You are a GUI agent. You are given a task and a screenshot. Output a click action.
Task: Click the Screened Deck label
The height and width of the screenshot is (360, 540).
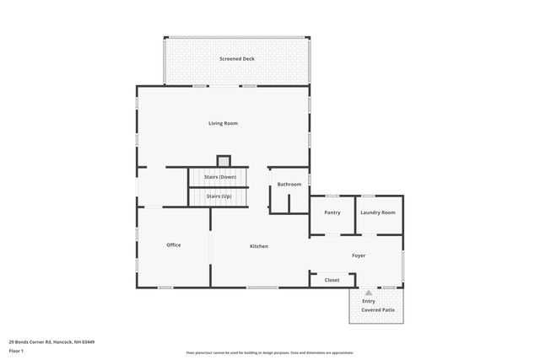(x=236, y=59)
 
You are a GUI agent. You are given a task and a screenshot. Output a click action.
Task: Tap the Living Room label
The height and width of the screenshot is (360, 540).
(x=223, y=123)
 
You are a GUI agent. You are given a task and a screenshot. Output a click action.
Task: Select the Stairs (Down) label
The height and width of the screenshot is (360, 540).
(x=219, y=177)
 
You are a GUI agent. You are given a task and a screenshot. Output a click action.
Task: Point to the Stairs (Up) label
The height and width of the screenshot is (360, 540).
(x=219, y=196)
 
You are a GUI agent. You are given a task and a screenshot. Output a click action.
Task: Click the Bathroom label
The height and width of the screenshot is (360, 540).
(x=289, y=184)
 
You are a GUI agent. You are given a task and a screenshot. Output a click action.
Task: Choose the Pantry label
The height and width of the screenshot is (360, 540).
(x=332, y=212)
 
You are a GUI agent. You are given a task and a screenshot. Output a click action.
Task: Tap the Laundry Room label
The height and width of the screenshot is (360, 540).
(x=377, y=212)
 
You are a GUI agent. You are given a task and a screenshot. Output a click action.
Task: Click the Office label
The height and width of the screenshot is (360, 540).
(x=173, y=245)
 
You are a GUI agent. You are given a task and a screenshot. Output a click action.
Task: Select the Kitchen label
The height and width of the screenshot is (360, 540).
(x=259, y=246)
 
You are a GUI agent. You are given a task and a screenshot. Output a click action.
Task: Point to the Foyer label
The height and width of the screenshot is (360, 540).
(x=359, y=255)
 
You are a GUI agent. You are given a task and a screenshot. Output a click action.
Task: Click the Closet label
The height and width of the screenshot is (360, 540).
(x=332, y=280)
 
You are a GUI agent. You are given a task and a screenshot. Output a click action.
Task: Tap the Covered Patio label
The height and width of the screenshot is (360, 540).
(x=377, y=310)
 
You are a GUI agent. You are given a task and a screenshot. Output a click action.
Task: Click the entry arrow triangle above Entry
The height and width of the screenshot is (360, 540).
(x=368, y=293)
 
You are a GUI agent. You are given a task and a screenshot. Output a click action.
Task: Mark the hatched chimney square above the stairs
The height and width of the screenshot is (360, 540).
(x=224, y=160)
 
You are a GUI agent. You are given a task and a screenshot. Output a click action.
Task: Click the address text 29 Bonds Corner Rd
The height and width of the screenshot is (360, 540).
(x=30, y=341)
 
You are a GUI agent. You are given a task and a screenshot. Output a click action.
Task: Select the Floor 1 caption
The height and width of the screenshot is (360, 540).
(x=17, y=350)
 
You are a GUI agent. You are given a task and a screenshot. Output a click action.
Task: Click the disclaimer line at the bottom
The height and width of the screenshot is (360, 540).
(x=269, y=352)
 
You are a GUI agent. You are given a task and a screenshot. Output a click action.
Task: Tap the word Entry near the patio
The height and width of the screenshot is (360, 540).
(x=369, y=301)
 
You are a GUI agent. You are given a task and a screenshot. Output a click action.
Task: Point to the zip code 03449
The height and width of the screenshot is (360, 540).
(x=87, y=341)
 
